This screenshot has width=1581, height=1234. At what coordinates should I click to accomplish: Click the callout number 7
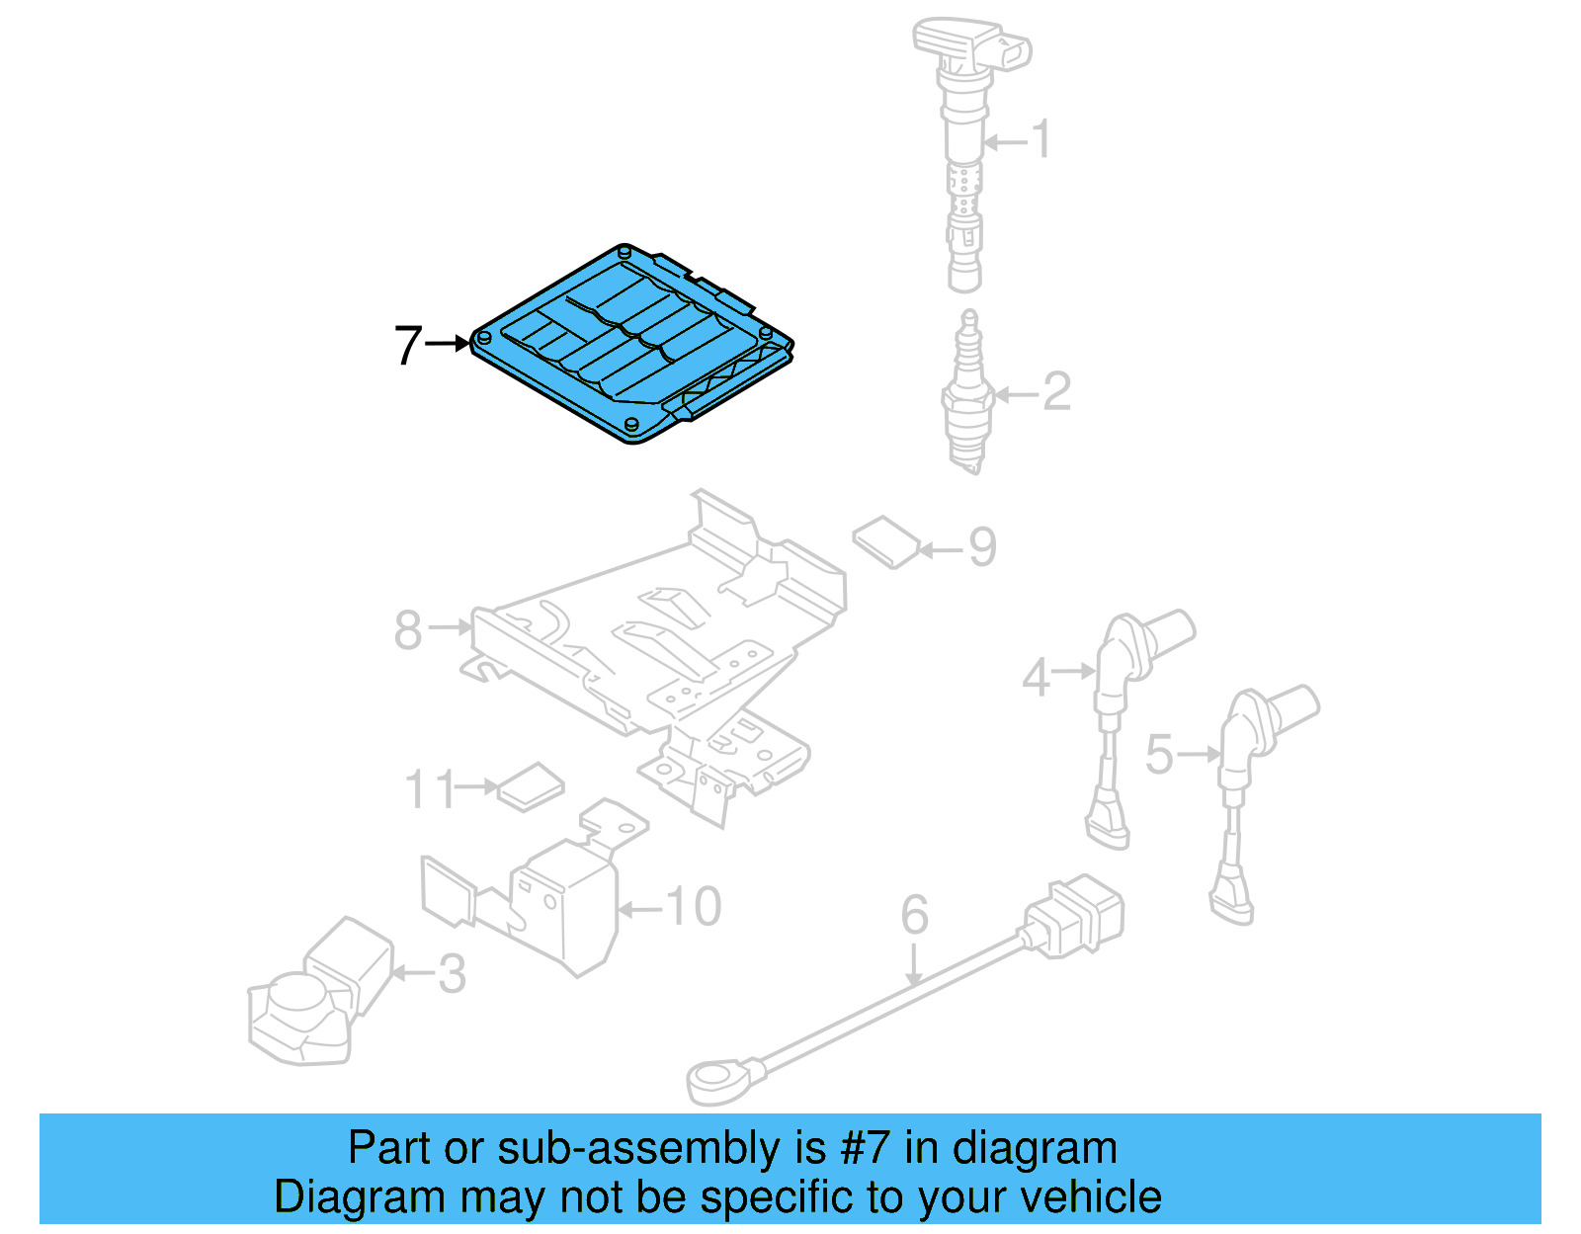408,346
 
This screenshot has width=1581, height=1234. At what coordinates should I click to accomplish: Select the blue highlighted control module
632,346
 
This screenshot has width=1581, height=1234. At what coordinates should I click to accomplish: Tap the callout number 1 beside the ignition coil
1041,139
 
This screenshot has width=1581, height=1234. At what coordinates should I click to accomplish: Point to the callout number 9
982,547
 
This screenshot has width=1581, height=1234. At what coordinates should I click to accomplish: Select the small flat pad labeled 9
886,541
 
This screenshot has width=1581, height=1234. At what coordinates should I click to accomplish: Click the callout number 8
408,630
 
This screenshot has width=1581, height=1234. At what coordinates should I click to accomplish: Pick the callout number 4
1035,678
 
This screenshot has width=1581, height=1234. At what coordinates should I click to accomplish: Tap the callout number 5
1158,755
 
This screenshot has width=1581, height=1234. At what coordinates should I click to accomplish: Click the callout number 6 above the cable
914,915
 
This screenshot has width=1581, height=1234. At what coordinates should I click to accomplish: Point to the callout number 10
694,907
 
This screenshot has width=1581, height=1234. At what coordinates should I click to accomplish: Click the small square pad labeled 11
531,786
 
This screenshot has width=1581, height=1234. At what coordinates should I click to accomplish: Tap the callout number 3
452,974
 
